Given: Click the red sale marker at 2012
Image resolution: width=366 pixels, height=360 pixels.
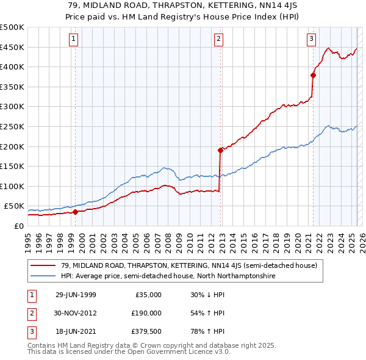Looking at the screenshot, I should click(220, 150).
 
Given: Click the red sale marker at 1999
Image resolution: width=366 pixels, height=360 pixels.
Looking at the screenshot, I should click(76, 212).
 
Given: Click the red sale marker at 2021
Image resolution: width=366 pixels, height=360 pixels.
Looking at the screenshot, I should click(313, 76).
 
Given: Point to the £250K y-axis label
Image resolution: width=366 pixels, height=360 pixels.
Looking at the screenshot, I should click(12, 126).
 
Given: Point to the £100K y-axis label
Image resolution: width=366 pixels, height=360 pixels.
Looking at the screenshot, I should click(12, 186).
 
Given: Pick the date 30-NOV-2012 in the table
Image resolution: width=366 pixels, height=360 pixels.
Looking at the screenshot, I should click(76, 313).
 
